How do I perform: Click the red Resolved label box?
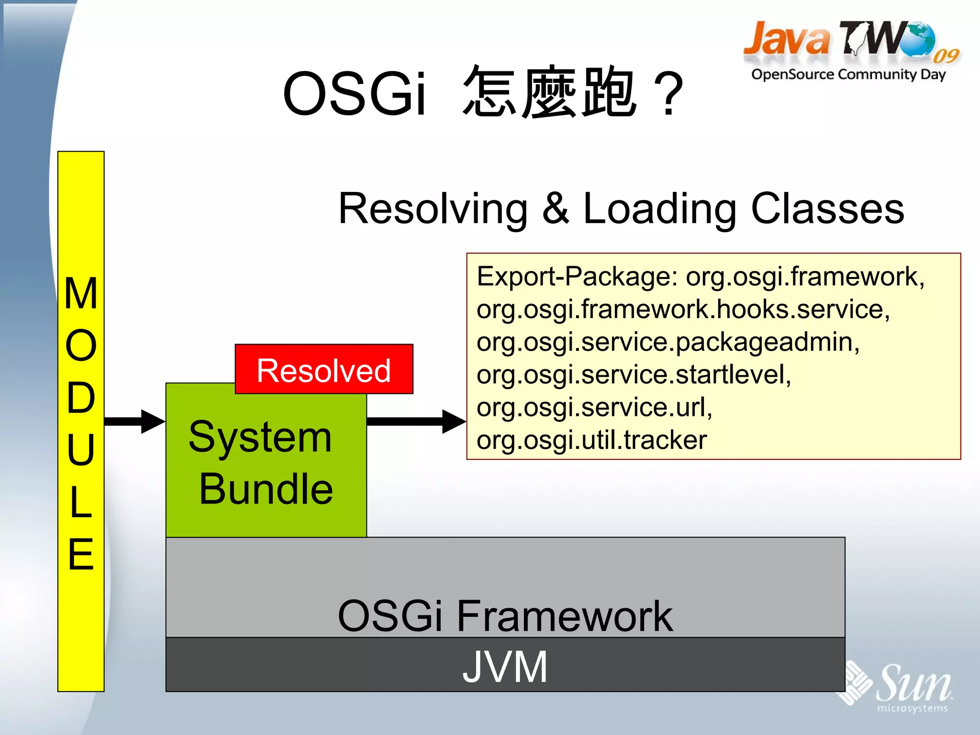[324, 369]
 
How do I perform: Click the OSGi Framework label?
[505, 616]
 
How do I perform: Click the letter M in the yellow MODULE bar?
[81, 294]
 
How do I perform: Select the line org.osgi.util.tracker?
[591, 440]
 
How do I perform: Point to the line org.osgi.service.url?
[594, 407]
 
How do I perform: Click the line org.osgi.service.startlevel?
[634, 375]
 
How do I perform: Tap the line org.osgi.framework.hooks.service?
[683, 310]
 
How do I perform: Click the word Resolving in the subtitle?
[433, 209]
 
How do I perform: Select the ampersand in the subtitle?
[556, 209]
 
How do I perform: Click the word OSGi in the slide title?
[354, 94]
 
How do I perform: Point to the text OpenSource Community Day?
[848, 75]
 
